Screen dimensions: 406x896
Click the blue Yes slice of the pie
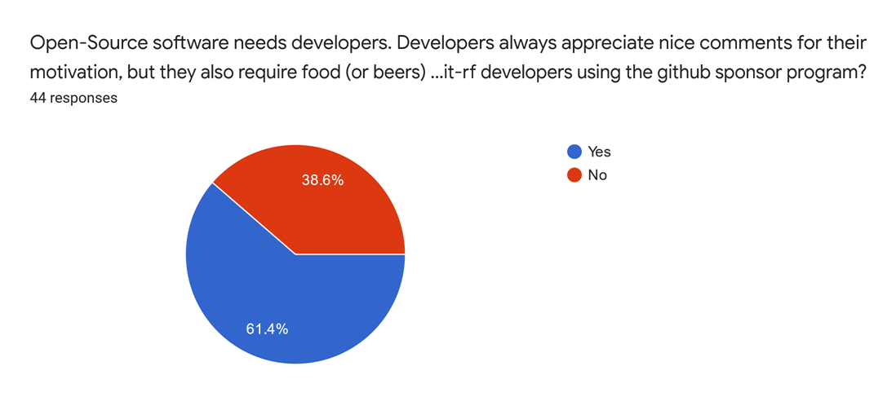point(269,302)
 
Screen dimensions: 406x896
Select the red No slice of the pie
point(326,204)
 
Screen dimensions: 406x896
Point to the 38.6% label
point(322,180)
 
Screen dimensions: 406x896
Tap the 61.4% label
point(267,329)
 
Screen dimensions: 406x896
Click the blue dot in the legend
point(574,152)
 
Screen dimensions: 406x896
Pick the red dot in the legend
point(574,174)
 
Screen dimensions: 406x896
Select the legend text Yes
point(599,152)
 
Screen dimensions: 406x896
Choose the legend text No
point(597,174)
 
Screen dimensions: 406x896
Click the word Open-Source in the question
point(77,43)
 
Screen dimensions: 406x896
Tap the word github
point(673,71)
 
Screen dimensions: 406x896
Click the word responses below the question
point(83,98)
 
